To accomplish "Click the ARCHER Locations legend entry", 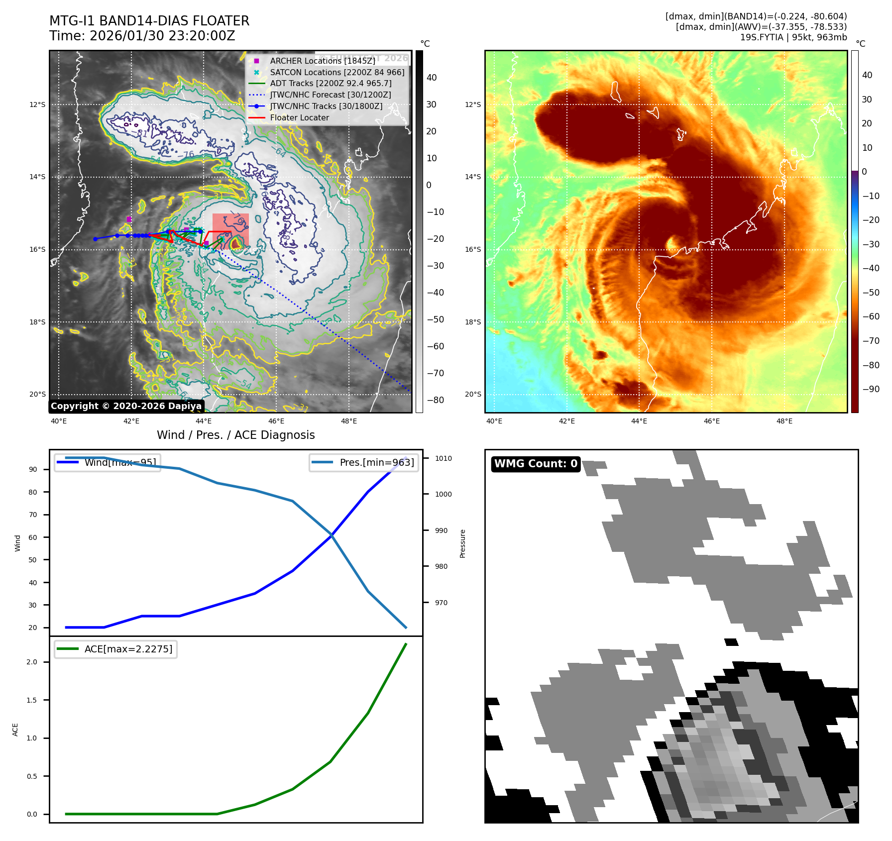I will pos(322,61).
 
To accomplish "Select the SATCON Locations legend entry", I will pos(336,72).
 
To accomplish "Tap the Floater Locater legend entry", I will pos(299,118).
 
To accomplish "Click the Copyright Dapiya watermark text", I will pos(126,406).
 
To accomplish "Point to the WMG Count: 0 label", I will pos(536,464).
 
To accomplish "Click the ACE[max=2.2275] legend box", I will pos(115,649).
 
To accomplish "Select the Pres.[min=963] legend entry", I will pos(364,463).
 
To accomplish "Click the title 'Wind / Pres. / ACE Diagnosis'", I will pos(236,435).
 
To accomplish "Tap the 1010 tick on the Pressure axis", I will pos(443,458).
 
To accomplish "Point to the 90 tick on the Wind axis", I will pos(33,469).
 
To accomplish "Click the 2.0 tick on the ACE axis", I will pos(32,662).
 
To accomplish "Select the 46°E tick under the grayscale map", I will pos(276,421).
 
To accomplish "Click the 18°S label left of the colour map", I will pos(473,322).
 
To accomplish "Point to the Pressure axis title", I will pos(462,543).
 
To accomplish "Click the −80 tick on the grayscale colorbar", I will pos(435,400).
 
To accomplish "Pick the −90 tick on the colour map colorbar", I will pos(871,389).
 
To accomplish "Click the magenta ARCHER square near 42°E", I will pos(129,219).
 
